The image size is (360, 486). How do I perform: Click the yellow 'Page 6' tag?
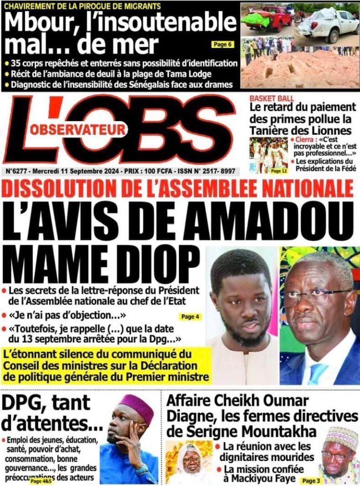[x=222, y=44]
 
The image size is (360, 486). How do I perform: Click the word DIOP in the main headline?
[x=153, y=262]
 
